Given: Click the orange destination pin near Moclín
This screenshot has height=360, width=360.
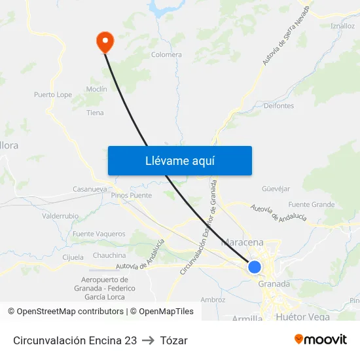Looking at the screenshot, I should [x=104, y=41].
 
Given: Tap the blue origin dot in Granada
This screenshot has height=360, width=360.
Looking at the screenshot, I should [x=255, y=267].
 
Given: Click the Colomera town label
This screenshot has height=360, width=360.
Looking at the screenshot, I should [x=166, y=55].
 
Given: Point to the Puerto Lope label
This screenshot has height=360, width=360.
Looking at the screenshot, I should [x=53, y=95].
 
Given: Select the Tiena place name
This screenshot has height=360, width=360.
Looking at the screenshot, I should [x=95, y=113].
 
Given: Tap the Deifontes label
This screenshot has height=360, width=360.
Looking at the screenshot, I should [x=278, y=105].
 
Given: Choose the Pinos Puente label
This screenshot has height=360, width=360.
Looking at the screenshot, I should [x=131, y=195].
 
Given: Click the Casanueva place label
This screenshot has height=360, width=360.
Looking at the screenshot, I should [x=90, y=189].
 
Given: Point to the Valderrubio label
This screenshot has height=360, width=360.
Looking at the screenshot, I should [x=60, y=215].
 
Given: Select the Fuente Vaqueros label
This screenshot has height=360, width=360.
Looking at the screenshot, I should [x=99, y=234].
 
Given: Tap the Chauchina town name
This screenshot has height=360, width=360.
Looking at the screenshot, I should [x=109, y=255].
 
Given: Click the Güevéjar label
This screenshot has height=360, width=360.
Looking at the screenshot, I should [x=276, y=189].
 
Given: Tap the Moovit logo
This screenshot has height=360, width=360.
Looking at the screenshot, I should [x=320, y=340].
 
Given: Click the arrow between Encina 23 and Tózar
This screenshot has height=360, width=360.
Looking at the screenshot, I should [x=147, y=340].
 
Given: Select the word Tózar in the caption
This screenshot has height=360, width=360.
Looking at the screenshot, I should [x=174, y=340].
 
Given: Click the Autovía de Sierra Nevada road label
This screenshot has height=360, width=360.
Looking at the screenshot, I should [x=285, y=39].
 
